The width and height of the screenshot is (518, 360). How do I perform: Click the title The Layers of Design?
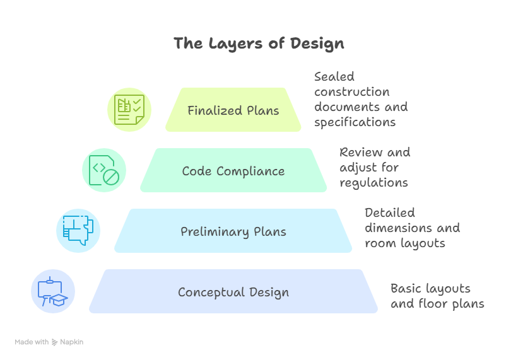259,44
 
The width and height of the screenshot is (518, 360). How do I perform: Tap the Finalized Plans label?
233,110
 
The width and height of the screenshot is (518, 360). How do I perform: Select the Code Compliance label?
233,171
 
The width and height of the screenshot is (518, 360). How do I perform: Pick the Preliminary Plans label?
233,231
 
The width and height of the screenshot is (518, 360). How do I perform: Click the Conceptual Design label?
233,292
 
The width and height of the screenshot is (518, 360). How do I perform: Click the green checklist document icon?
129,109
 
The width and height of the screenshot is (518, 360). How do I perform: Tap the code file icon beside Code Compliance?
104,170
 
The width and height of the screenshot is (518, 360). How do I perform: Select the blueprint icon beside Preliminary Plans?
78,230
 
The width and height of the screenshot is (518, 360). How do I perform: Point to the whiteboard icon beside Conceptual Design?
53,291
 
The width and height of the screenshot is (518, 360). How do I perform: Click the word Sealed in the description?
334,76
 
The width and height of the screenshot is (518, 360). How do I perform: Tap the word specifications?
355,122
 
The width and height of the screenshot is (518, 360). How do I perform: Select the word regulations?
374,182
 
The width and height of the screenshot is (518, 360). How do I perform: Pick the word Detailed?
390,212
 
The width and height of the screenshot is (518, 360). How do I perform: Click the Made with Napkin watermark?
49,342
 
